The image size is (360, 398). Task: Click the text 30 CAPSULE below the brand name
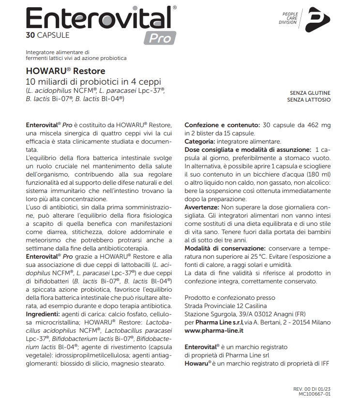48,35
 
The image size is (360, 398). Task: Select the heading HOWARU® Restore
60,72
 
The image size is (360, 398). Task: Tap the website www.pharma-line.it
214,330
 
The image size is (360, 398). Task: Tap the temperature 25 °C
262,256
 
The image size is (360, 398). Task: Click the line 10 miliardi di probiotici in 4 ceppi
93,82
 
